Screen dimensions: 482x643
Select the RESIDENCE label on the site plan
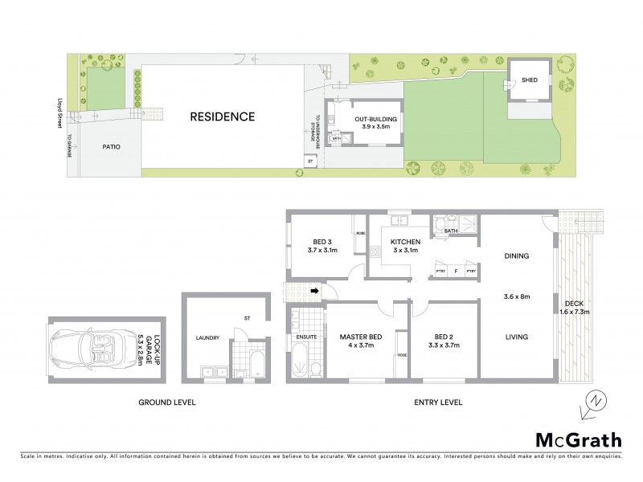(x=222, y=117)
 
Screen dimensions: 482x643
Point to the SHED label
(x=530, y=80)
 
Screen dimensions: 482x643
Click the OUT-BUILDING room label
(x=377, y=119)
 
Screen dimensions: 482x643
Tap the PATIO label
(x=111, y=147)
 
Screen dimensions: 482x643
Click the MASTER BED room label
(x=358, y=337)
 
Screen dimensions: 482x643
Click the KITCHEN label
(x=406, y=241)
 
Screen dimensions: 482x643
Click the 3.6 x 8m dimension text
(x=516, y=296)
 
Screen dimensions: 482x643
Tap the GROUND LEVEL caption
(x=167, y=402)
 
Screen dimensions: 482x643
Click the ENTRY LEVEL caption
(x=437, y=402)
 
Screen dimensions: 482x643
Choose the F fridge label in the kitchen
(x=455, y=271)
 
